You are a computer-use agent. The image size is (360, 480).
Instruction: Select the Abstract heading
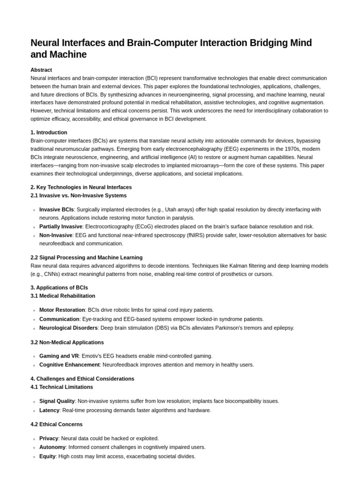tap(41, 70)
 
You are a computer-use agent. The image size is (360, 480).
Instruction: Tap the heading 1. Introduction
tap(49, 133)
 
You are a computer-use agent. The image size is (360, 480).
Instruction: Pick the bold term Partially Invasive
tap(60, 226)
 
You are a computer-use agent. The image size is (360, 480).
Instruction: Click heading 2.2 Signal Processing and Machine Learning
tap(86, 257)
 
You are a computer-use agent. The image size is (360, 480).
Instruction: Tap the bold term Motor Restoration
tap(62, 310)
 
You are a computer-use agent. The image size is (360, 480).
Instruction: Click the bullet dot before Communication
tap(34, 320)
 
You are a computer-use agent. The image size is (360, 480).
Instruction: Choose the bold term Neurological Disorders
tap(68, 328)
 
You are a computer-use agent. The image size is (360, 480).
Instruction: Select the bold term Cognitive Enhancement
tap(69, 365)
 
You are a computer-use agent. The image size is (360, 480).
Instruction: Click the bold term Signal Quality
tap(57, 401)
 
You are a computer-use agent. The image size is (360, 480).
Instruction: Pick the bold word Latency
tap(49, 410)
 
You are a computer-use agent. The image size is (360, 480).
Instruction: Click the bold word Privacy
tap(49, 438)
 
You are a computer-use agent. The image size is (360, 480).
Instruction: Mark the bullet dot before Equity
tap(34, 457)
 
